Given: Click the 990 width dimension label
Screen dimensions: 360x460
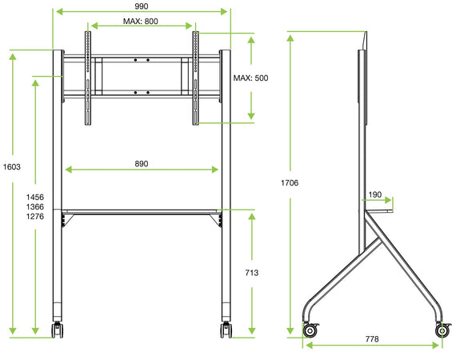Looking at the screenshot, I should (141, 6).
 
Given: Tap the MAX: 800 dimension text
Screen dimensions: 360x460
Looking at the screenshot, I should (141, 22).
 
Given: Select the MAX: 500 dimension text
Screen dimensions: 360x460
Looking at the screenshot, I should (250, 78).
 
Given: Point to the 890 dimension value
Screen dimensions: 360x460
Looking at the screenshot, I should (141, 163).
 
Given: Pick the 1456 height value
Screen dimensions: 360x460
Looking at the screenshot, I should (35, 197).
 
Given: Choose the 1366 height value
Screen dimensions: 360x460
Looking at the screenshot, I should (35, 206).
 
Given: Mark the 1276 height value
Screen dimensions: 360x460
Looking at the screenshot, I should (35, 217).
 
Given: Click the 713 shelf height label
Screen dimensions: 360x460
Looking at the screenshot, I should (251, 273).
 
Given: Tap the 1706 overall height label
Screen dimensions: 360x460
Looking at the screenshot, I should (290, 183).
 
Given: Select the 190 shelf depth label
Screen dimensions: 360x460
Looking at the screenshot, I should (375, 194).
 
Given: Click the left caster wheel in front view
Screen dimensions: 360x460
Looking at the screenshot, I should (57, 330).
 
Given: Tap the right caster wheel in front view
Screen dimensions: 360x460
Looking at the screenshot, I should (225, 330).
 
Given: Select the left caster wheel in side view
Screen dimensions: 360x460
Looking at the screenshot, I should (310, 329).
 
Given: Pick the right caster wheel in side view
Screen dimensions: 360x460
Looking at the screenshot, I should (442, 330).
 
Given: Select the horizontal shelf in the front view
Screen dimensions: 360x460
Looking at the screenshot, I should (141, 212).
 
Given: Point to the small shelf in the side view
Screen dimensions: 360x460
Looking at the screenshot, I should (378, 212).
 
